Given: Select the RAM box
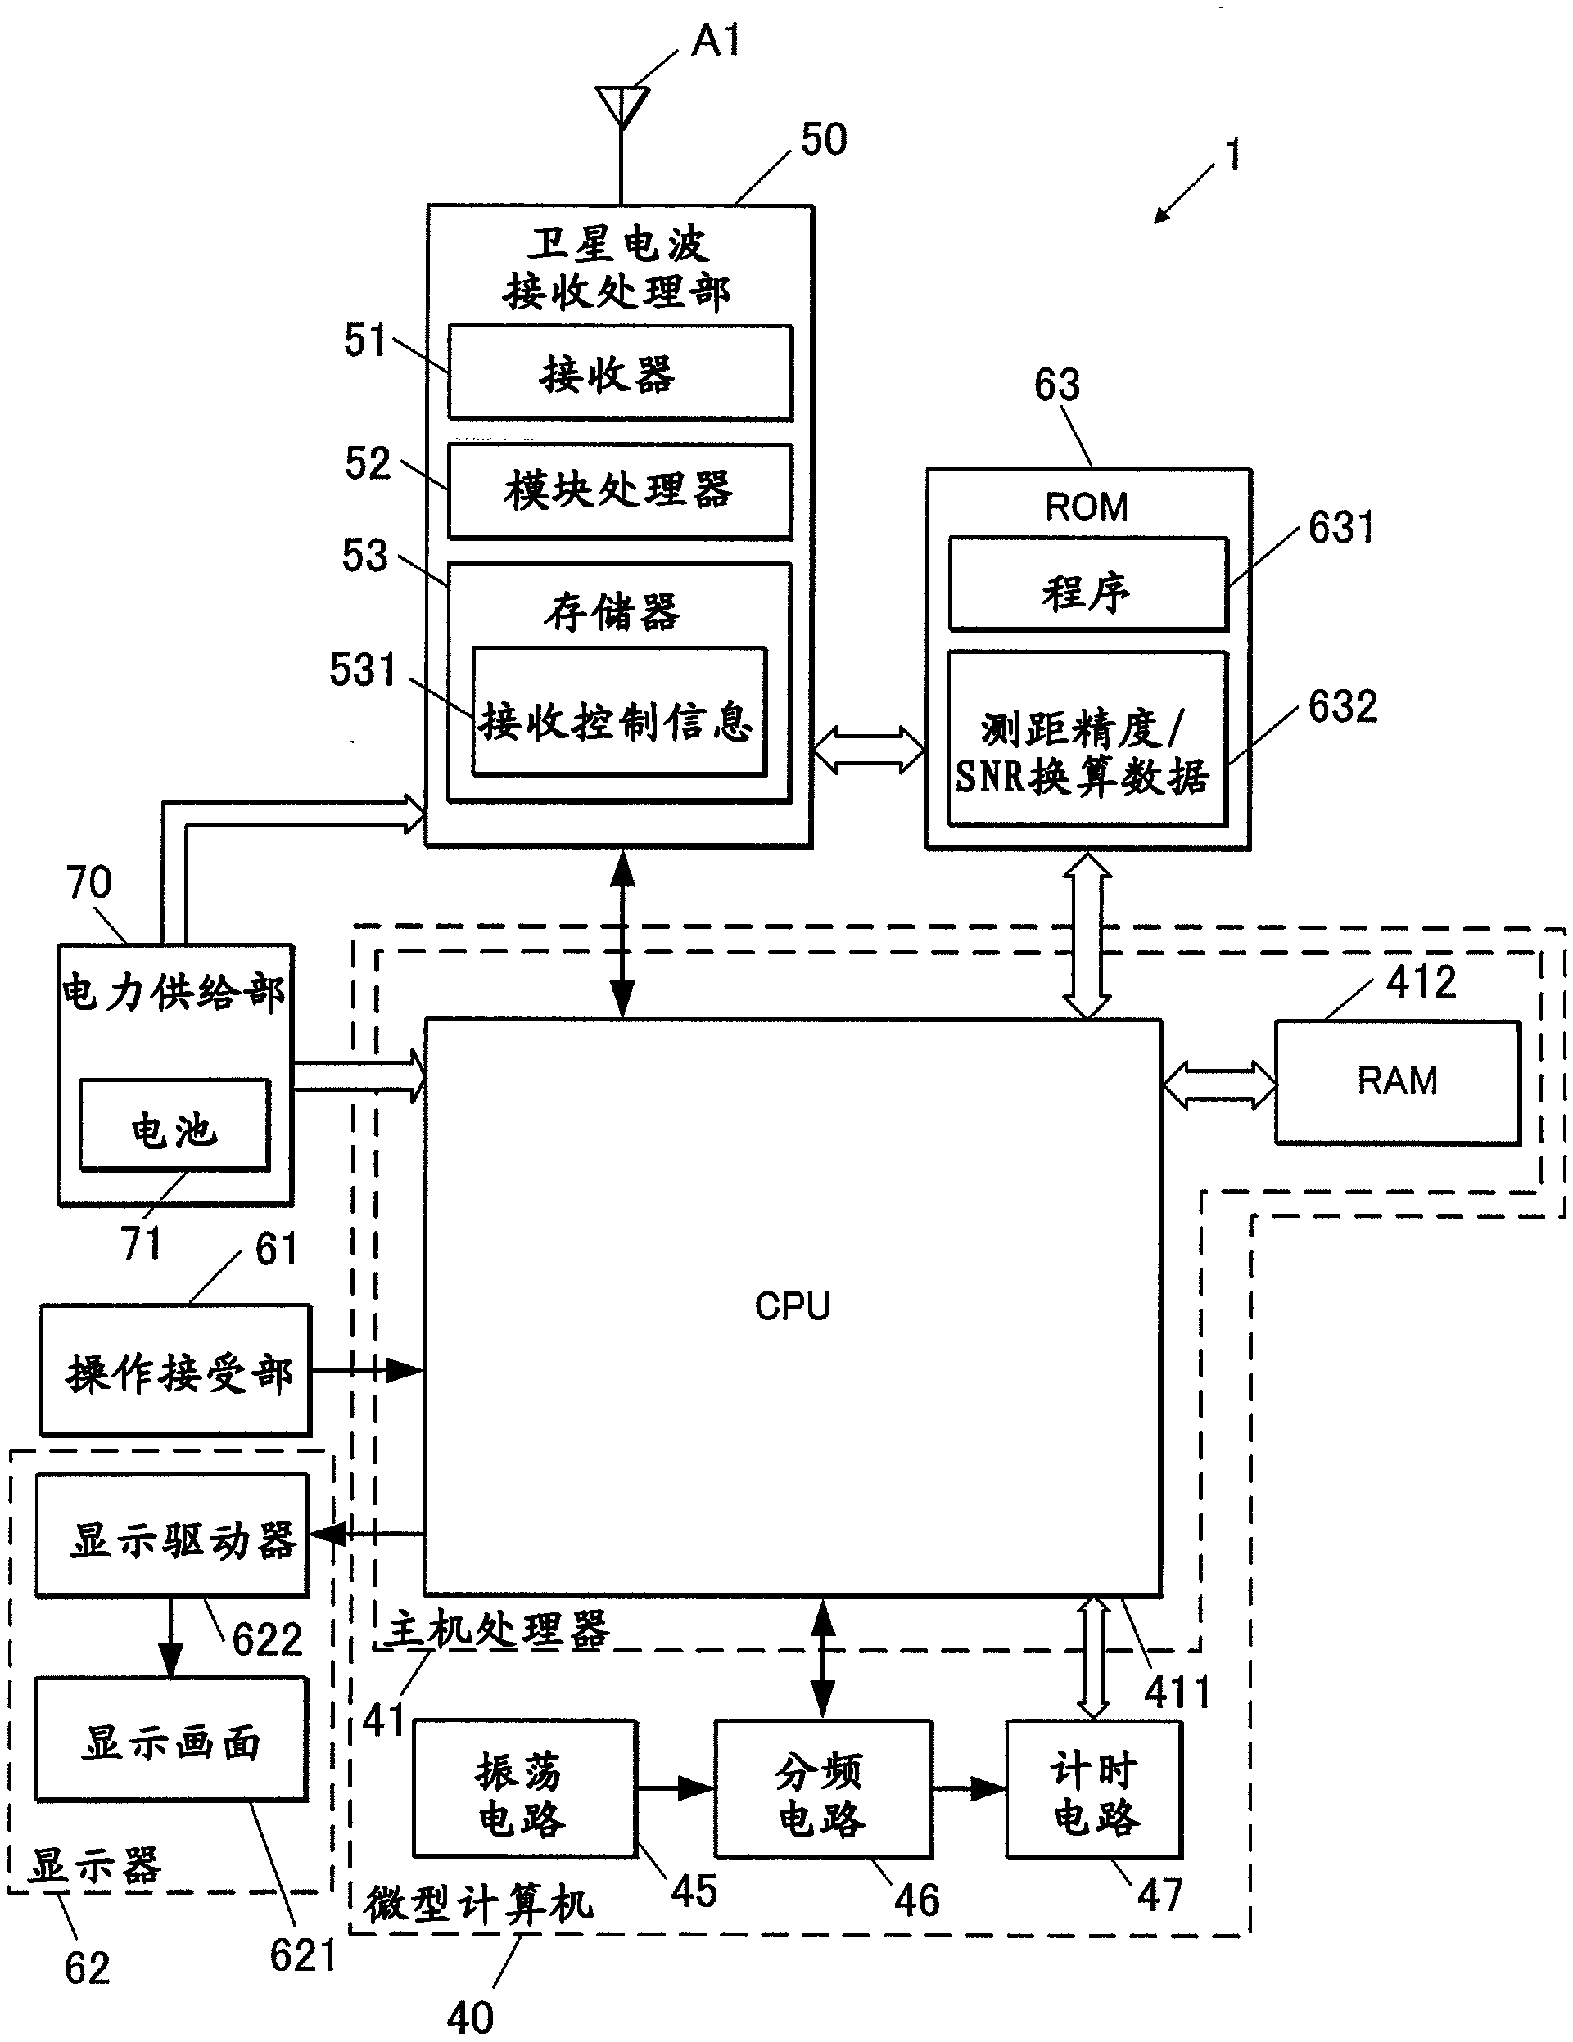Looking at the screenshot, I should [x=1397, y=1082].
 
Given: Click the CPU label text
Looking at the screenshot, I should [x=792, y=1306].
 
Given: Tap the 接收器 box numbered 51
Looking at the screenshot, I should [x=620, y=373].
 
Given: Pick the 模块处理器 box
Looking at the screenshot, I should [x=620, y=491].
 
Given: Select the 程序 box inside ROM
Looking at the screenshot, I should [x=1087, y=585].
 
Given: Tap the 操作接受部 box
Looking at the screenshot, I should [x=176, y=1372].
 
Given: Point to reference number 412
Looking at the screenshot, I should [x=1421, y=983].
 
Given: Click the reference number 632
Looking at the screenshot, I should [x=1342, y=707].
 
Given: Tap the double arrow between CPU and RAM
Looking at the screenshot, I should [x=1218, y=1085].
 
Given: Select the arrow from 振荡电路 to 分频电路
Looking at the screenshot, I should [x=676, y=1788].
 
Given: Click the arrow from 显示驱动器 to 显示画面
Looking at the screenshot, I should [x=170, y=1637].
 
